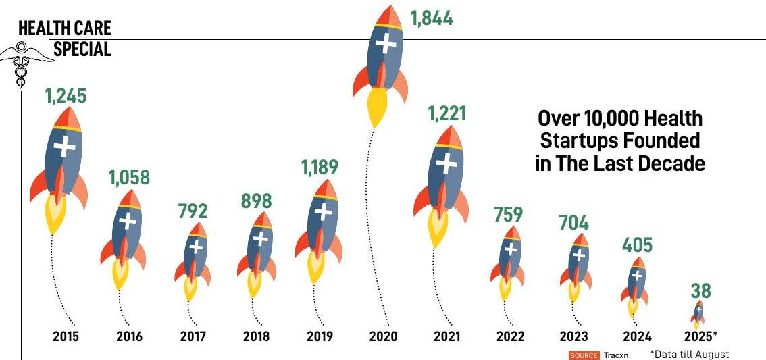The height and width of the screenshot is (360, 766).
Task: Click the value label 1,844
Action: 432,18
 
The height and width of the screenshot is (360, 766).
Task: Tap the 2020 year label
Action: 383,336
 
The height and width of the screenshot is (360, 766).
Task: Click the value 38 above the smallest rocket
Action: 700,291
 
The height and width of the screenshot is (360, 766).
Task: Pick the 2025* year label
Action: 700,336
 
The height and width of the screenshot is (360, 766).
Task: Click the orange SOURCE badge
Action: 584,355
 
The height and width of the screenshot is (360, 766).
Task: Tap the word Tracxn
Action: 615,355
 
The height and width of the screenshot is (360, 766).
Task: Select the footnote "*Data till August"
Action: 690,354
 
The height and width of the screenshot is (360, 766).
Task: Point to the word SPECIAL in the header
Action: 82,49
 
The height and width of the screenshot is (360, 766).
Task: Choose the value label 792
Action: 193,211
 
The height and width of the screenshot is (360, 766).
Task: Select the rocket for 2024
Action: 636,284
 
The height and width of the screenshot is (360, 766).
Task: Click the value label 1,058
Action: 129,178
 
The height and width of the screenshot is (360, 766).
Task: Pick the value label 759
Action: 509,215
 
